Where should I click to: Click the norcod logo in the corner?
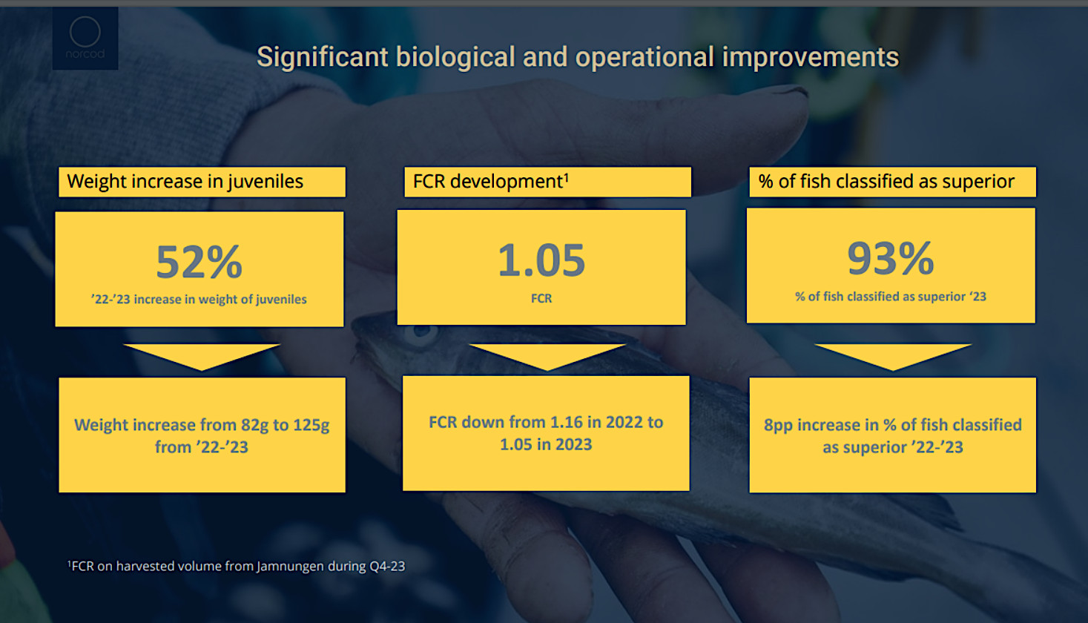click(85, 39)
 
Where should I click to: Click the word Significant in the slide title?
click(323, 57)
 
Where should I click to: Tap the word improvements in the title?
click(811, 57)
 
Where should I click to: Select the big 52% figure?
click(200, 262)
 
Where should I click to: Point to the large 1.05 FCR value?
click(541, 260)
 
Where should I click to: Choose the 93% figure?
click(890, 258)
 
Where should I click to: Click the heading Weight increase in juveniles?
click(185, 182)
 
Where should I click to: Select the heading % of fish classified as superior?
click(886, 182)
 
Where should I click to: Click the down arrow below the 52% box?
click(202, 357)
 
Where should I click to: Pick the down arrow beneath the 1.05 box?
click(547, 357)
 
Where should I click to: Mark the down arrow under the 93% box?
click(893, 357)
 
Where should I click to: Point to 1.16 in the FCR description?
click(559, 422)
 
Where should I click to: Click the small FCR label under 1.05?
click(541, 298)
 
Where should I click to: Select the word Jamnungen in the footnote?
click(290, 566)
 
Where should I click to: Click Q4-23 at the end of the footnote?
click(387, 566)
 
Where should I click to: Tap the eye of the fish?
click(421, 332)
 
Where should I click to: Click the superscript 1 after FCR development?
click(567, 177)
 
